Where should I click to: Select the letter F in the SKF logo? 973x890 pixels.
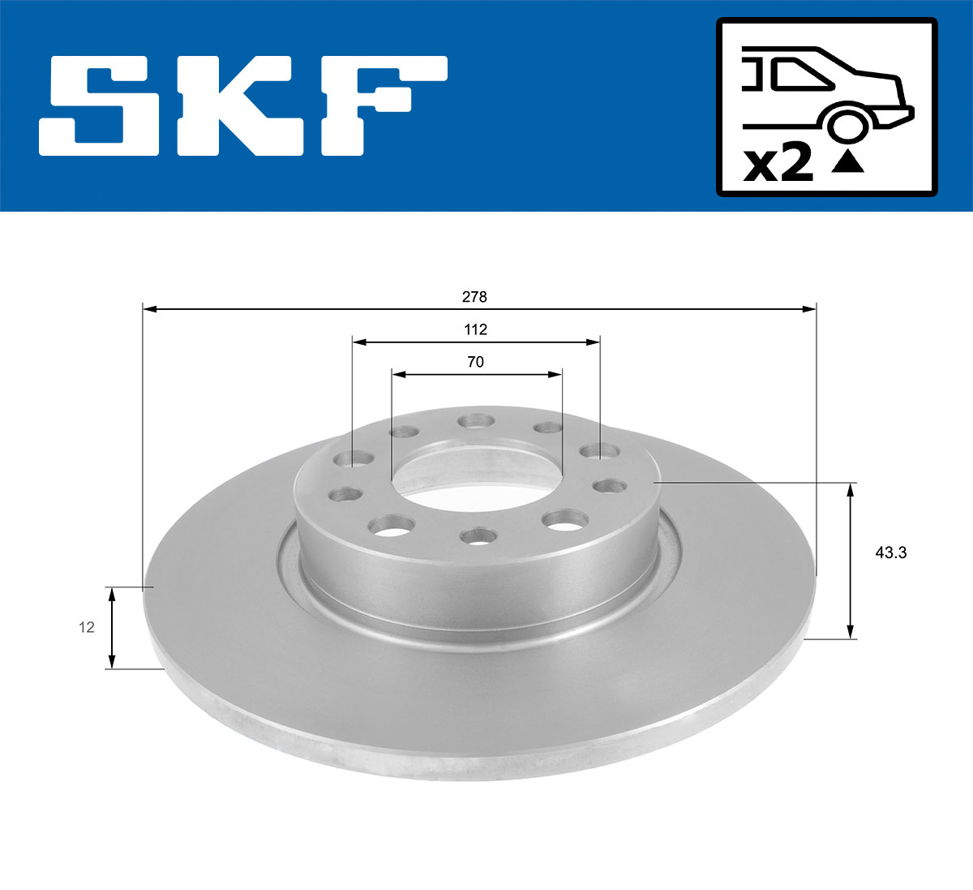381,105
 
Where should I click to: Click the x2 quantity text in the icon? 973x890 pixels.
778,165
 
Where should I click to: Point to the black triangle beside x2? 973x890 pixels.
848,162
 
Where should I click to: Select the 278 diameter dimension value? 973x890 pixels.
474,297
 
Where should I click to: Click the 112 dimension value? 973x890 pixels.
475,329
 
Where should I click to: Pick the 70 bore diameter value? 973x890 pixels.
475,362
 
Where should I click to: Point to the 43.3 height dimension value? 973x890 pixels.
890,553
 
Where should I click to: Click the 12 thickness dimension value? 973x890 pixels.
86,627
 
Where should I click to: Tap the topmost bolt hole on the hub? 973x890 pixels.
475,421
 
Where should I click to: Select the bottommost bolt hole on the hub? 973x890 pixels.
477,535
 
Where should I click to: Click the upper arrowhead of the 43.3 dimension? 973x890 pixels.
850,489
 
